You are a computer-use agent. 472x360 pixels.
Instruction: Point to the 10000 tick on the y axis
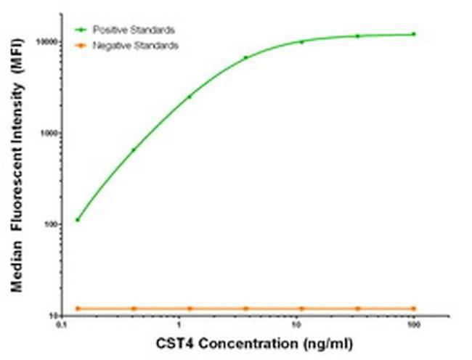tap(46, 42)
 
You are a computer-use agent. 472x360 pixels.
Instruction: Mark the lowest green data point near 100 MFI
tap(78, 219)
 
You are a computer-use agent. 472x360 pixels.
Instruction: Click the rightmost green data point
tap(414, 34)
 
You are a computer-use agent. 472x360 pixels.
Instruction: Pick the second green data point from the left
tap(134, 150)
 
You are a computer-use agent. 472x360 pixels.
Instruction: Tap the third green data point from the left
tap(190, 97)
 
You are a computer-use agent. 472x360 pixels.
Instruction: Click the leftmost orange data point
tap(78, 308)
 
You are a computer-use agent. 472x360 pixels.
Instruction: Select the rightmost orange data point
tap(414, 308)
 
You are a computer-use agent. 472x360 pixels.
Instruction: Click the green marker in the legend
tap(81, 30)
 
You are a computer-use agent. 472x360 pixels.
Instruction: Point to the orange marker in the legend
tap(81, 45)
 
